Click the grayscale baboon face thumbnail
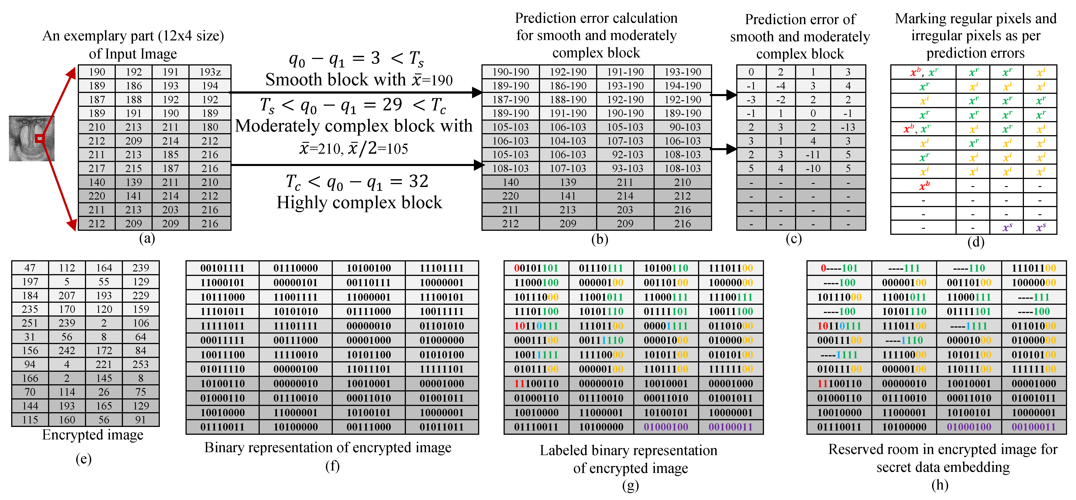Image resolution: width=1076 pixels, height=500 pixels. (x=31, y=139)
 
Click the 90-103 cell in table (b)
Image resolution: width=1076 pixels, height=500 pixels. (x=683, y=127)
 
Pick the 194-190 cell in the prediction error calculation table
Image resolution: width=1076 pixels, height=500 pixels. (x=683, y=86)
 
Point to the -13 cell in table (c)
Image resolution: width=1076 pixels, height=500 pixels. (x=848, y=127)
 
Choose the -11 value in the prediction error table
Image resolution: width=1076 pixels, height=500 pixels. (x=813, y=154)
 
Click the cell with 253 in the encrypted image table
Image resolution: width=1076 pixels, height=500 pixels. (x=141, y=364)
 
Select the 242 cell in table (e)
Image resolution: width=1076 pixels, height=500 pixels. (x=67, y=351)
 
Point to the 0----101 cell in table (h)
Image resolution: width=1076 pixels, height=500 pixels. (x=839, y=268)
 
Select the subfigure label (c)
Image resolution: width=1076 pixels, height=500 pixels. (x=793, y=239)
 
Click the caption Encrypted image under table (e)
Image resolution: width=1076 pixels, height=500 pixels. (x=93, y=435)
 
